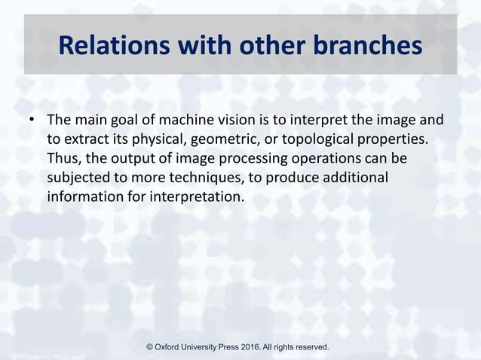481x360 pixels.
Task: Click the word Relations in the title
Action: tap(113, 47)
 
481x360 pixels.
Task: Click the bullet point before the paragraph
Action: tap(32, 121)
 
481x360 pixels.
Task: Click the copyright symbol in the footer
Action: tap(149, 347)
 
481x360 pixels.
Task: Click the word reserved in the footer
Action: tap(309, 347)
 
